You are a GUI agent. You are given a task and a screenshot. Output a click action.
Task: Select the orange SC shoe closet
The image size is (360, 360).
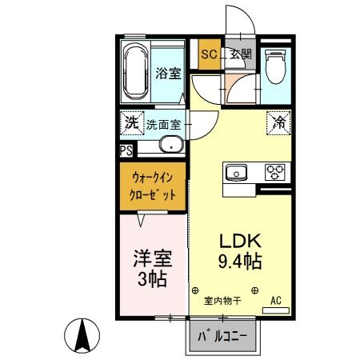click(209, 54)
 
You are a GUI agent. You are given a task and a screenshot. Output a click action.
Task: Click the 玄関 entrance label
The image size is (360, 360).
click(240, 54)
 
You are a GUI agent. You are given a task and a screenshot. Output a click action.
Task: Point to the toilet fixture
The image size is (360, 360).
click(274, 68)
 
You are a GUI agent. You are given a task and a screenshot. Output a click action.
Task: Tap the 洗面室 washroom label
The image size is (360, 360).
click(164, 126)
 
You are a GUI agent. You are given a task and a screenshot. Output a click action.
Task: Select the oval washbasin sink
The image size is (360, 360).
click(169, 145)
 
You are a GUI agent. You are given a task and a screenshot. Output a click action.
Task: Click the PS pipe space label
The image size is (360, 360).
click(126, 150)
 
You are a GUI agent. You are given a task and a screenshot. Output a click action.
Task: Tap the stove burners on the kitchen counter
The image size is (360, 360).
click(275, 172)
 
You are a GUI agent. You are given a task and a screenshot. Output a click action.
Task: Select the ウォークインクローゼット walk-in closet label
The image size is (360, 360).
click(153, 186)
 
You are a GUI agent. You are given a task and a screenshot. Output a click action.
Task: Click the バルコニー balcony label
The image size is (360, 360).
click(223, 337)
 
